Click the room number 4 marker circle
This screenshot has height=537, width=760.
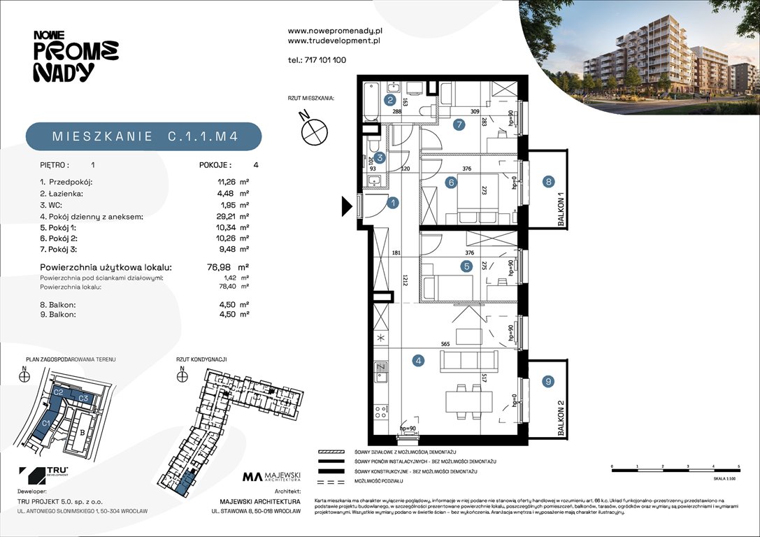click(418, 361)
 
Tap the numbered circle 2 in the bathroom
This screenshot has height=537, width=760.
click(389, 100)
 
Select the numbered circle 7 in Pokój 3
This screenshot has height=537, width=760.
click(459, 126)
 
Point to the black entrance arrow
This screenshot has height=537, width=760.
click(346, 206)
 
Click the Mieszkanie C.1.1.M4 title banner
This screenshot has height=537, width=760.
click(145, 137)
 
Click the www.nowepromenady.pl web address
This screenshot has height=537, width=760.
click(335, 31)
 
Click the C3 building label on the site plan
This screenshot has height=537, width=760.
click(83, 398)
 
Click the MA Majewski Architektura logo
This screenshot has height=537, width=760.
click(271, 478)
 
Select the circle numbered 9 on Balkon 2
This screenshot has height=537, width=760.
click(549, 382)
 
